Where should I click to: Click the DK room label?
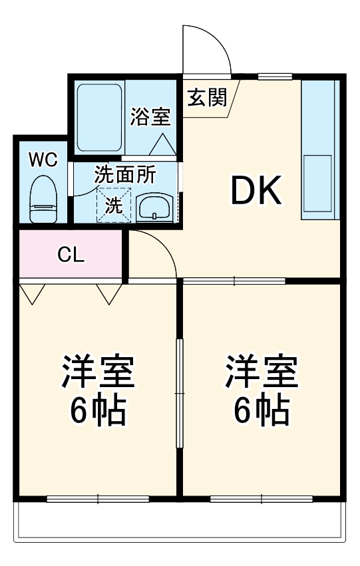point(257,192)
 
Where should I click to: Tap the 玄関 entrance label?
point(206,98)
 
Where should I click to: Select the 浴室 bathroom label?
point(150,117)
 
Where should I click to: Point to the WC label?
point(43,160)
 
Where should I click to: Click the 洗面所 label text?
point(124,175)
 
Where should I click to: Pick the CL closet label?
point(71,255)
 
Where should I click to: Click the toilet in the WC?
point(44,199)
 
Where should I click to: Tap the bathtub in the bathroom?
point(99,118)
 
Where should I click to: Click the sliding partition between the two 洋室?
point(178,392)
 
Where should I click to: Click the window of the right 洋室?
point(261,498)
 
